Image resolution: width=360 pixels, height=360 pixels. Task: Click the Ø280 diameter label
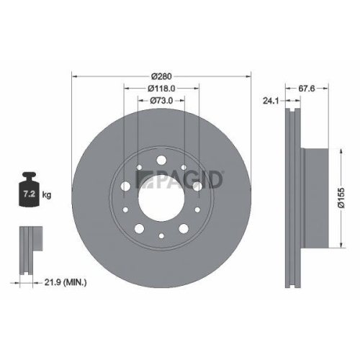point(161,74)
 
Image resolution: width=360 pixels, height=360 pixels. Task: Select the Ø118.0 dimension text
point(162,89)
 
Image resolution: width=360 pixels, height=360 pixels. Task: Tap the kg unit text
point(47,194)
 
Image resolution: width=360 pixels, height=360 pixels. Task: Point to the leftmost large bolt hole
point(126,186)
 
